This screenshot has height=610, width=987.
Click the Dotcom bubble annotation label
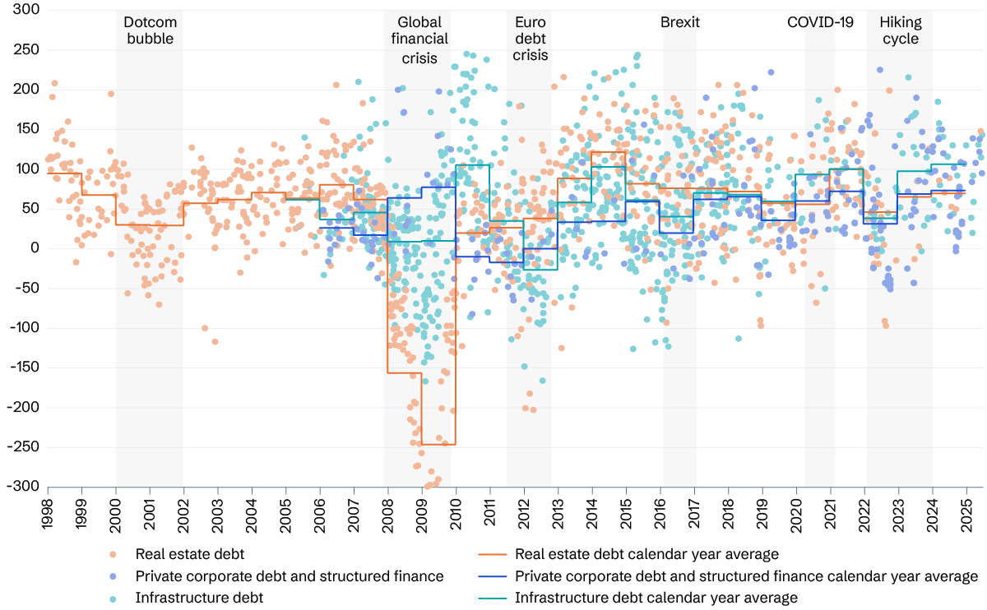point(149,30)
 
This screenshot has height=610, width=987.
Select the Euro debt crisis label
point(530,39)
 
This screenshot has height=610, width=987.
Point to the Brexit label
point(680,22)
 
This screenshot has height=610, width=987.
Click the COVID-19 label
point(821,22)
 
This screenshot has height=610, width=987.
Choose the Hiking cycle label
point(900,30)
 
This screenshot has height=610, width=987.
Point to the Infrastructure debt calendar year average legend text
point(656,598)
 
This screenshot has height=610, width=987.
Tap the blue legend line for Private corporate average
point(488,576)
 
